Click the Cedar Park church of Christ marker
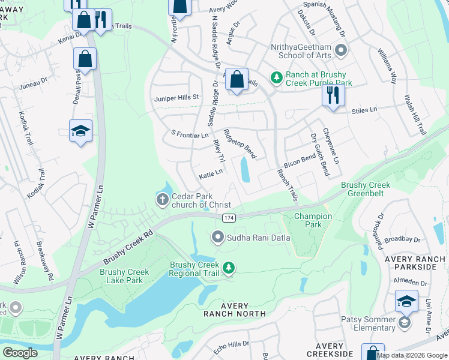pos(162,200)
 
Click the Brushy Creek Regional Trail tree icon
pos(228,268)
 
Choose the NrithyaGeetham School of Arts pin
pos(341,50)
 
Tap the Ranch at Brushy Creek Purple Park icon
pos(276,77)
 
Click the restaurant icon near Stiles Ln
pos(333,95)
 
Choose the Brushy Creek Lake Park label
pos(121,275)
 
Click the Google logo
pos(20,353)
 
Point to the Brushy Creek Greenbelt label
pos(366,190)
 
